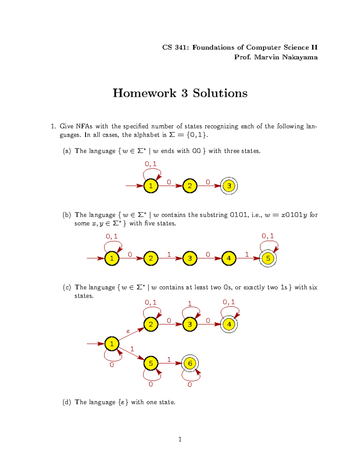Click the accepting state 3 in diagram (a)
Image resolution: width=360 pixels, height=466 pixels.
point(229,186)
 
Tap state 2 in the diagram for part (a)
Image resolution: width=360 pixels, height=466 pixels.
point(190,186)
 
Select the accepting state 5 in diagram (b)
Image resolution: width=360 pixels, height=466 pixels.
point(268,258)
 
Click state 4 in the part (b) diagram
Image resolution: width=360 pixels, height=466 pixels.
point(229,258)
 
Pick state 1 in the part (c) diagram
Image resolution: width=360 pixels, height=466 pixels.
point(112,344)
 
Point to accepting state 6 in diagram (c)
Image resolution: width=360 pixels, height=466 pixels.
point(190,363)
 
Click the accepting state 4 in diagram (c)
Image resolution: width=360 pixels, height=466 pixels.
point(229,324)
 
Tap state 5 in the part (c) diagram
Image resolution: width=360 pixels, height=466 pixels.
point(151,363)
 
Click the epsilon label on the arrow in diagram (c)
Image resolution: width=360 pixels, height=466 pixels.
point(128,331)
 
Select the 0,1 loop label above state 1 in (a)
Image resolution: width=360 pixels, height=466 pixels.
point(151,164)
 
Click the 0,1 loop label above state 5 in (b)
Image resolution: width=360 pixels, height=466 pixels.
point(268,236)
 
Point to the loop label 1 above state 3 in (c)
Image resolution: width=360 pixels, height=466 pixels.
point(190,304)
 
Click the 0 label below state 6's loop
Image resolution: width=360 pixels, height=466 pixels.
point(190,385)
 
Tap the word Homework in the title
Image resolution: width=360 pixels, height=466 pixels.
point(144,93)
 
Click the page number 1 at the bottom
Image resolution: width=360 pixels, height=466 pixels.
point(180,439)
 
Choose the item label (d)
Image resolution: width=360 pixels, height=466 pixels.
point(67,402)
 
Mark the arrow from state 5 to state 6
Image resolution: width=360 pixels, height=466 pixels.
point(170,363)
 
